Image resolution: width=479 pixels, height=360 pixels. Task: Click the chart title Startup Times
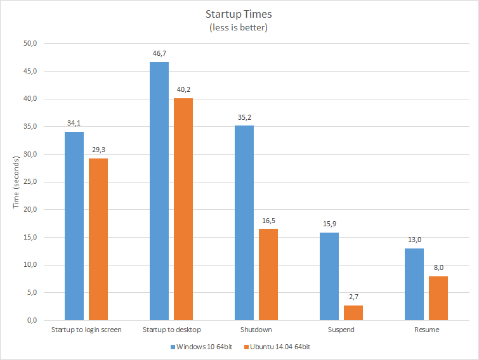(x=239, y=14)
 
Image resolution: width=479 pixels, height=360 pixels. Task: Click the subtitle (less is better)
(x=239, y=28)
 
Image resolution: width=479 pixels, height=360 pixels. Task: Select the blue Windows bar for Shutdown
(x=244, y=222)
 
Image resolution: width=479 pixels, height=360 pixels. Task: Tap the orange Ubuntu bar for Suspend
(x=353, y=312)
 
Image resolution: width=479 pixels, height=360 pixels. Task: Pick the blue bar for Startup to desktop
(x=159, y=191)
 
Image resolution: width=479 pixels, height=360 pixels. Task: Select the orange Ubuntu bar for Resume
(x=438, y=298)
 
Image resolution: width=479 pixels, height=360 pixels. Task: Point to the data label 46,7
(x=160, y=53)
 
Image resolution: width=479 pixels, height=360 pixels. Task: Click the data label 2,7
(x=353, y=297)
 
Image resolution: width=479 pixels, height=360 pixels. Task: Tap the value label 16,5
(x=268, y=221)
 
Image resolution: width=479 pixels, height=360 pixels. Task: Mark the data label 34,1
(x=74, y=123)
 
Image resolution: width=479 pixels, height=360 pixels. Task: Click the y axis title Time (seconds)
(x=16, y=182)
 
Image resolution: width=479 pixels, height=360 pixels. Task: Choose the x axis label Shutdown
(x=256, y=330)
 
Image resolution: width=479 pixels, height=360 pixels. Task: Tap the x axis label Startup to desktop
(x=171, y=330)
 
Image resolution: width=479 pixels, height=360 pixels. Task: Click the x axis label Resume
(x=427, y=330)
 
